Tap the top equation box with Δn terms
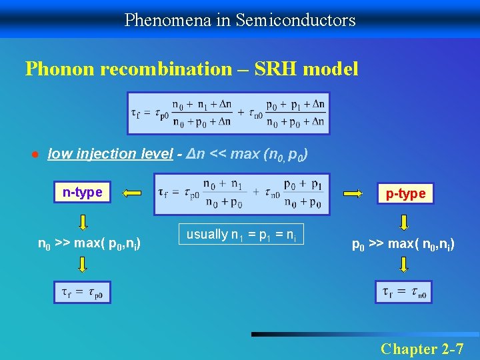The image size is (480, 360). pos(229,113)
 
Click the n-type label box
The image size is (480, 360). pos(82,193)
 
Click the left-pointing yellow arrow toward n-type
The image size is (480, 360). pos(133,194)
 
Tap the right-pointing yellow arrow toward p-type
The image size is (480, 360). pos(353,194)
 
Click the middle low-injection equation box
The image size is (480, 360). pos(241,194)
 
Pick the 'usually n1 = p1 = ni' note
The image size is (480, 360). pos(241,235)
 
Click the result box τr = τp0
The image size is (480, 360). pos(82,292)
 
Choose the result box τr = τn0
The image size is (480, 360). pos(404,292)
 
